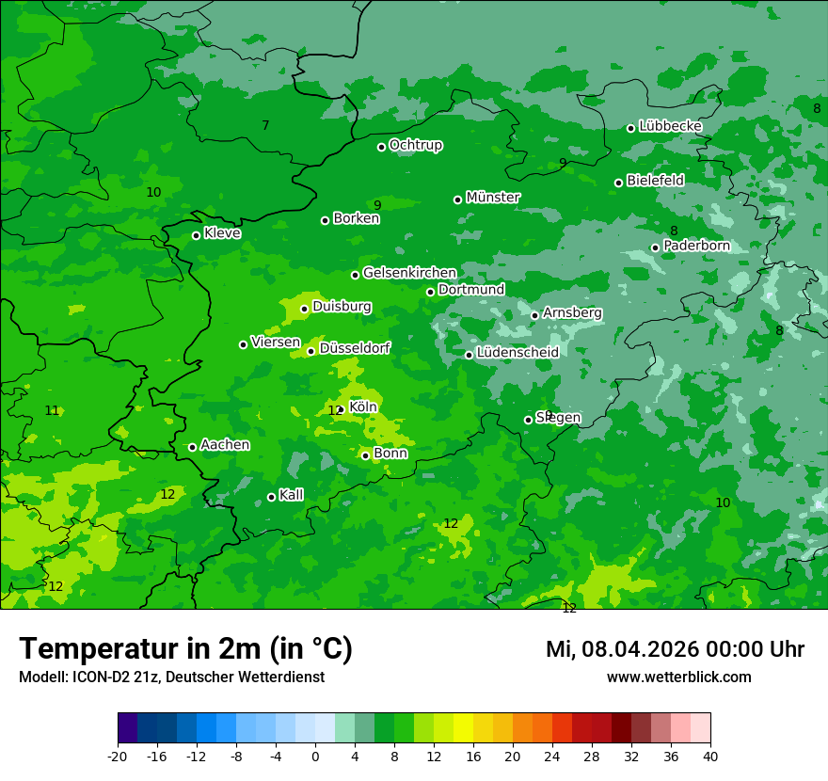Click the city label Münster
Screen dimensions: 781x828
click(493, 198)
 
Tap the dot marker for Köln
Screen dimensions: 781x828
click(341, 410)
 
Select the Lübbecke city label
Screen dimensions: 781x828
click(670, 126)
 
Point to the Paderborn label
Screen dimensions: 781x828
click(696, 246)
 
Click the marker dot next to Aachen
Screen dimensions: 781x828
click(193, 447)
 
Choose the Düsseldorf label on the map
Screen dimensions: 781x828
click(355, 348)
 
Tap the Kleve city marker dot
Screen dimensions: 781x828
click(197, 235)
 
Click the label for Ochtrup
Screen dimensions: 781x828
click(416, 145)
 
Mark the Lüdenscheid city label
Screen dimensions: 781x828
click(517, 353)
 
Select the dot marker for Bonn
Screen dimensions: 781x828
click(366, 455)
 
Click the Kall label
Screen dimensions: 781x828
click(292, 495)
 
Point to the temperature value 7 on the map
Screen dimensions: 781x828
click(265, 125)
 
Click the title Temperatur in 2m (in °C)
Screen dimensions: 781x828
click(185, 648)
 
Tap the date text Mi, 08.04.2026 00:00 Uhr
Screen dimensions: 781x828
click(675, 649)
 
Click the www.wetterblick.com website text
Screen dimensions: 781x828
click(678, 677)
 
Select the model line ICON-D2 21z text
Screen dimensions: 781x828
click(171, 677)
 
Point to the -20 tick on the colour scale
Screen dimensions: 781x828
click(118, 756)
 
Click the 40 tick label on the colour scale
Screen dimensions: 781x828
click(709, 756)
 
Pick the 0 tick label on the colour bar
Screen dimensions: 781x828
click(315, 756)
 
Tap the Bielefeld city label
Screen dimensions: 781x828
click(655, 180)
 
